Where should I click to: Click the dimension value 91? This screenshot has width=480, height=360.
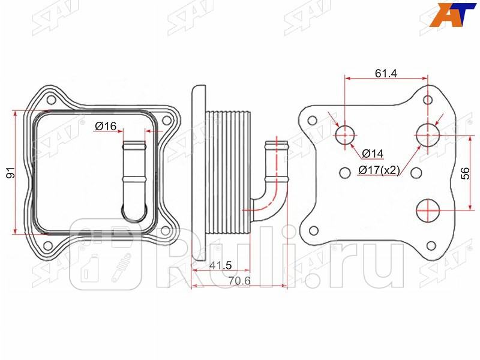(x=9, y=173)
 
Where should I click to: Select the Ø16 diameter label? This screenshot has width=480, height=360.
(x=106, y=126)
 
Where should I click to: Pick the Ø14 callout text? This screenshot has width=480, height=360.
(x=373, y=154)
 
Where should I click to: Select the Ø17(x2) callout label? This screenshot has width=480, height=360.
(x=379, y=170)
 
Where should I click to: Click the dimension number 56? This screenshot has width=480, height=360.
(x=464, y=173)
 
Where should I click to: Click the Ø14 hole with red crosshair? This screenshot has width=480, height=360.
(x=346, y=135)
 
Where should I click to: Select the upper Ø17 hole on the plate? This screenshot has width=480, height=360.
(x=427, y=134)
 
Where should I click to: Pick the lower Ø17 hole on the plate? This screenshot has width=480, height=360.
(x=427, y=211)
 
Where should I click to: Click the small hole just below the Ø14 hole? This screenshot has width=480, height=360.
(x=344, y=173)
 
